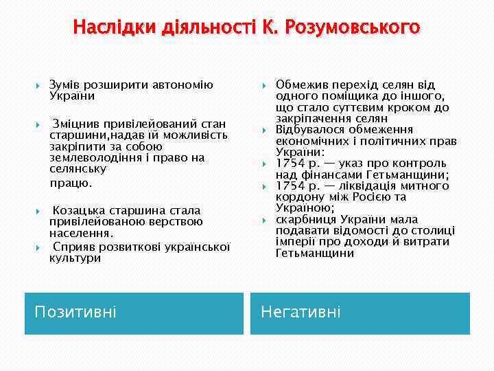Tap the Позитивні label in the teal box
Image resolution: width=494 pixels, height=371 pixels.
[x=75, y=313]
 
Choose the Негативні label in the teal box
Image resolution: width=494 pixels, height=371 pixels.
[x=301, y=313]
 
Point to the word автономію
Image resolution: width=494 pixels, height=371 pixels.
[x=187, y=85]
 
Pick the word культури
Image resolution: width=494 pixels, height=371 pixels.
[x=75, y=258]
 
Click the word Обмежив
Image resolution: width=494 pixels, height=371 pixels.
[x=301, y=85]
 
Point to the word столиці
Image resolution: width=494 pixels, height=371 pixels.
[x=432, y=231]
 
